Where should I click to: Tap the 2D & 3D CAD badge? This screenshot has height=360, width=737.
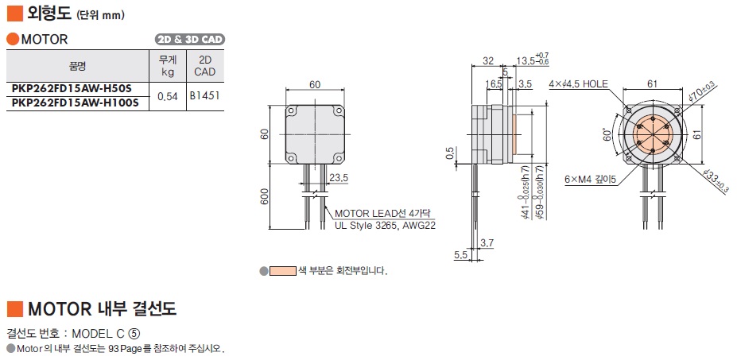[x=190, y=39]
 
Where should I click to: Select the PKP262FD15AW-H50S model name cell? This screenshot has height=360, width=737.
[x=72, y=88]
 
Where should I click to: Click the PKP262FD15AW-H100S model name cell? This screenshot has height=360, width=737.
[x=75, y=102]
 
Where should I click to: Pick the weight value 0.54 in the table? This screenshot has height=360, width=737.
[x=167, y=96]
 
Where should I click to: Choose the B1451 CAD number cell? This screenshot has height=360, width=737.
[x=204, y=95]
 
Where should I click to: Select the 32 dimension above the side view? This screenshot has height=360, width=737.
[x=487, y=60]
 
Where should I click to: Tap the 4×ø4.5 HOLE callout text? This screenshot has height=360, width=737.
[x=578, y=83]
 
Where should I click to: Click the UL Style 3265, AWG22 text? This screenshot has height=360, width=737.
[x=385, y=225]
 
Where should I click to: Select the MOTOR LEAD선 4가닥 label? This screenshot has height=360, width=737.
[x=382, y=213]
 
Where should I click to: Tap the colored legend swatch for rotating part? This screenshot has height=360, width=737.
[x=281, y=271]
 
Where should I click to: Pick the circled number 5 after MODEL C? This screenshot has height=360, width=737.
[x=145, y=332]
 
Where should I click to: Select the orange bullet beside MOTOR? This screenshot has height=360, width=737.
[x=12, y=39]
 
